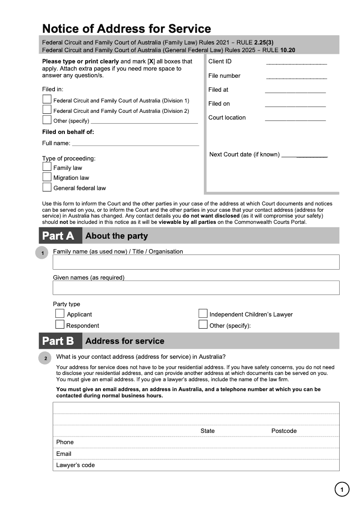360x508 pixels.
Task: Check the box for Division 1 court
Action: click(47, 99)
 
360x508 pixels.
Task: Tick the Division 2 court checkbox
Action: click(47, 109)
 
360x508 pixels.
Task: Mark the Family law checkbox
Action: click(47, 166)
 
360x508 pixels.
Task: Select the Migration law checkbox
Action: click(47, 177)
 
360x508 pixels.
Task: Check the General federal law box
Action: click(47, 187)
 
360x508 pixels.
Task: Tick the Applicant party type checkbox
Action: click(60, 313)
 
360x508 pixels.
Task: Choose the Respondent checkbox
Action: click(60, 324)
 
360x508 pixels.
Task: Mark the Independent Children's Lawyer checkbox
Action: click(203, 313)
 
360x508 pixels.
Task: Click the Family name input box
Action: click(196, 262)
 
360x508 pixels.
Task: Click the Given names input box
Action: click(196, 288)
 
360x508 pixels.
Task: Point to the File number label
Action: click(224, 76)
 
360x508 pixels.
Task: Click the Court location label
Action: click(227, 117)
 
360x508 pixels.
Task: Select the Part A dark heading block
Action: click(60, 236)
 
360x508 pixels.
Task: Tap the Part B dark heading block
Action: click(60, 341)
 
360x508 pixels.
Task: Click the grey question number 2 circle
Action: click(45, 358)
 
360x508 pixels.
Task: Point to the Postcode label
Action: click(284, 431)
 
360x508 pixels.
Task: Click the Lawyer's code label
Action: click(75, 465)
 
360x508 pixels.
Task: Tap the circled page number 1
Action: click(342, 489)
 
